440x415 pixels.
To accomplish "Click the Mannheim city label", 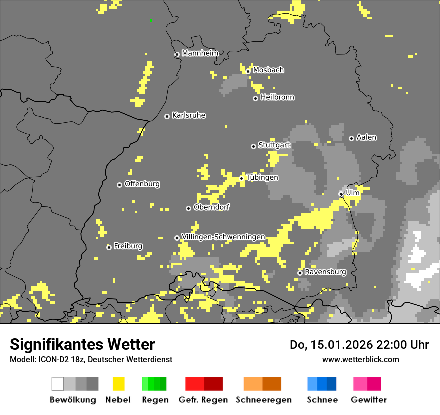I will click(x=200, y=53).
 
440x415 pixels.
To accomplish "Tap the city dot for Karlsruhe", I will click(x=167, y=116).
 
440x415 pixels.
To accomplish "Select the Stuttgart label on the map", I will click(x=274, y=145).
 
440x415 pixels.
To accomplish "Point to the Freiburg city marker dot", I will click(x=109, y=247).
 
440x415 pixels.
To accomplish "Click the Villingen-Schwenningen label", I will click(x=223, y=237).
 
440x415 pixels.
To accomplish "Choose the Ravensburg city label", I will click(x=325, y=272).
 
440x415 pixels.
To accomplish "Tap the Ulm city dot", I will click(x=341, y=194).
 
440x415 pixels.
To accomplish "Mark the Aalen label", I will click(x=366, y=137).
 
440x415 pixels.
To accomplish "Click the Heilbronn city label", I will click(x=277, y=97).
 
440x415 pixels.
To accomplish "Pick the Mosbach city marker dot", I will click(x=248, y=71).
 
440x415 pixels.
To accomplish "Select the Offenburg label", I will click(x=142, y=184).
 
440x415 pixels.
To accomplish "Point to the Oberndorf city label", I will click(x=211, y=207).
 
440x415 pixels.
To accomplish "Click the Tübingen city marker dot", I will click(x=241, y=178).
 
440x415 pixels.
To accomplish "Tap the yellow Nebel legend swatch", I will click(x=119, y=384).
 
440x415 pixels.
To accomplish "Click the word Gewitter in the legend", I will click(x=369, y=400).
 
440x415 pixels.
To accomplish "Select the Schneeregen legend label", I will click(x=264, y=400).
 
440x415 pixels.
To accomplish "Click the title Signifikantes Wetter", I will click(x=82, y=344).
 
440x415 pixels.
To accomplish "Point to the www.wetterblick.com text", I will click(x=361, y=359).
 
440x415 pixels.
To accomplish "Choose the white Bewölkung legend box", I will click(x=58, y=384).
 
